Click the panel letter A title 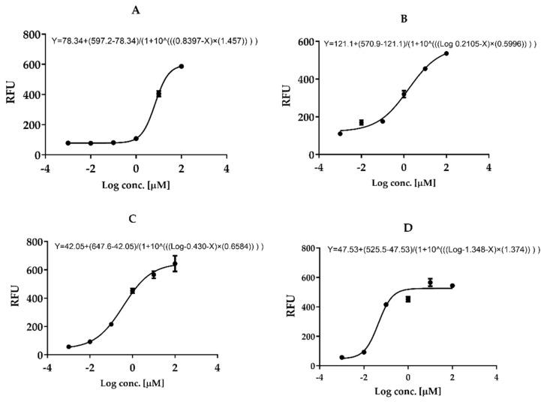click(155, 10)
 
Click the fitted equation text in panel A click(155, 40)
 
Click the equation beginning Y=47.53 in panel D click(434, 249)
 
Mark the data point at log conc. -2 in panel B click(361, 122)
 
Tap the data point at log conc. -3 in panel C click(68, 347)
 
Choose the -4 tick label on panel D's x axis click(320, 376)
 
